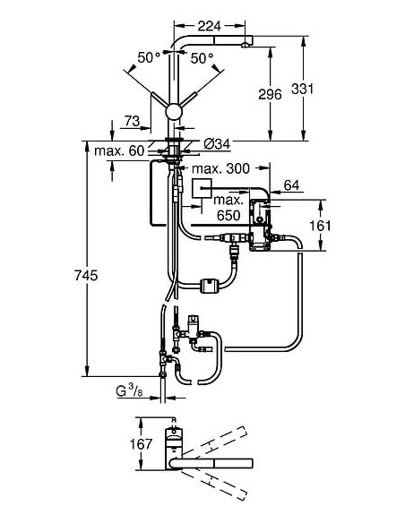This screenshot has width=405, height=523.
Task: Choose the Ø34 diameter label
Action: coord(216,144)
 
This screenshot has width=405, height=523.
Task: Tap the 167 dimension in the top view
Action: coord(133,446)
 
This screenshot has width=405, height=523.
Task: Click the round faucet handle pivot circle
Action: coord(172,114)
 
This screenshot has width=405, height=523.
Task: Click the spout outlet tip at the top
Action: coord(245,40)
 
